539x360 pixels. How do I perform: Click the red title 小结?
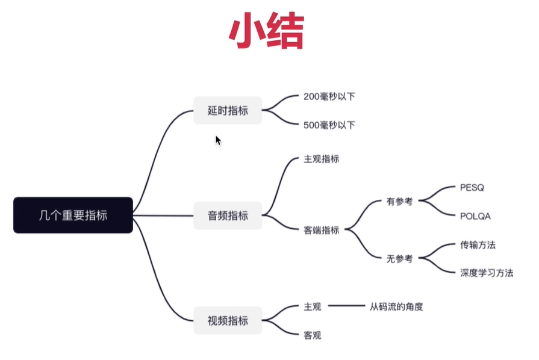pos(267,30)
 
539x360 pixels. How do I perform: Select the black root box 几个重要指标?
pos(73,215)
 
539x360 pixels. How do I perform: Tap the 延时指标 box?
pos(228,110)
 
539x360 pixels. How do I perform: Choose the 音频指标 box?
pos(228,216)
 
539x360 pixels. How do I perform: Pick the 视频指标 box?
pos(228,320)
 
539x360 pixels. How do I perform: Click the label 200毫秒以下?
pos(329,96)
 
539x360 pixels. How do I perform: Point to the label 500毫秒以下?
pos(329,125)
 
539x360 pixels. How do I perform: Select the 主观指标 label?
pos(322,159)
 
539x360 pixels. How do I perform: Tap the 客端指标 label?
pos(322,230)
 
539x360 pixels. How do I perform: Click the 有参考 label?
pos(399,201)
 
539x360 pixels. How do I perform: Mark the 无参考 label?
pos(399,258)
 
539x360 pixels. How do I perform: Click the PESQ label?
pos(472,188)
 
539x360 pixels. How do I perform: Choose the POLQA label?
pos(475,216)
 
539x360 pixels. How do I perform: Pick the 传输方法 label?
pos(478,244)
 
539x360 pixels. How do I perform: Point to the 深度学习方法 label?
pos(487,273)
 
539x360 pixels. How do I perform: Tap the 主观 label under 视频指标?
pos(313,306)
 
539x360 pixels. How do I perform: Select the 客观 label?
pos(313,335)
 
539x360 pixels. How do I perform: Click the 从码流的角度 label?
pos(396,306)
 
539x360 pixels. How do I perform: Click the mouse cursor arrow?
pos(218,140)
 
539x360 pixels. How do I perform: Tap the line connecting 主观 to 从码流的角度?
pos(346,305)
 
